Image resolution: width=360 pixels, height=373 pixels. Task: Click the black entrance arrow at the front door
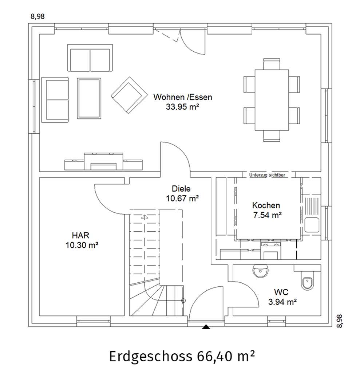click(206, 327)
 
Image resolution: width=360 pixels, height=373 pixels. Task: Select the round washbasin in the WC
click(260, 271)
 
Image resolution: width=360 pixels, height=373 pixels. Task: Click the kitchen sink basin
click(312, 225)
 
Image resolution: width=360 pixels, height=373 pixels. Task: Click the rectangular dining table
click(272, 100)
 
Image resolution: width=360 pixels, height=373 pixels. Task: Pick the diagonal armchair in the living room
click(129, 95)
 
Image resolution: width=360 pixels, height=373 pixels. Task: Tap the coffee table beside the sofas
click(89, 98)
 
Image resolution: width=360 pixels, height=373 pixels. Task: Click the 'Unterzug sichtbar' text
click(267, 175)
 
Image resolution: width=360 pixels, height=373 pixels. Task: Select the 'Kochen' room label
click(266, 205)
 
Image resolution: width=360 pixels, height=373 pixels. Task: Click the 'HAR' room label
click(80, 235)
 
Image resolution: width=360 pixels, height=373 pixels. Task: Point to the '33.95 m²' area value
click(182, 107)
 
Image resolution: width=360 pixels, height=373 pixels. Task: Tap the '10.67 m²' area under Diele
click(182, 198)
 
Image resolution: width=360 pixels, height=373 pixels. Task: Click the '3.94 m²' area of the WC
click(282, 302)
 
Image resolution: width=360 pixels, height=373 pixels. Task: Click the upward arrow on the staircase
click(145, 217)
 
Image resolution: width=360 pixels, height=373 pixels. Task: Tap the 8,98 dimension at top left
click(37, 16)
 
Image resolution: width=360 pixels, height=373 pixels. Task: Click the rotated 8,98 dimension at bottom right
click(340, 321)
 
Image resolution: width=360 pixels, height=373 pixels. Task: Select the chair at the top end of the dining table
click(272, 64)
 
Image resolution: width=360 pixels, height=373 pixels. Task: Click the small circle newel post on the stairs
click(183, 301)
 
